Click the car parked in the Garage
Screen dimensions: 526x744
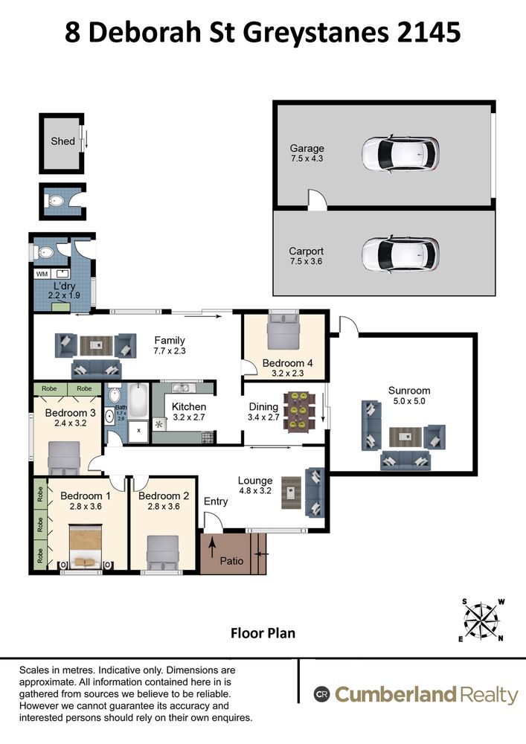coord(400,154)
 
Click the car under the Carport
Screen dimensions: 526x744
coord(400,254)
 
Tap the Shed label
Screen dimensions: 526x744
coord(62,141)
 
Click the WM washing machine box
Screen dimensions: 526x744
coord(42,274)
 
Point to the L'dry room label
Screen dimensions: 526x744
coord(64,286)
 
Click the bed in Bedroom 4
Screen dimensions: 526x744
coord(283,330)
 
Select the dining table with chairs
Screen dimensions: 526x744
coord(299,411)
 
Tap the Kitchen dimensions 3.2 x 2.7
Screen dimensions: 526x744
coord(189,417)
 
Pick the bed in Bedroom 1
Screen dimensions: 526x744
coord(86,546)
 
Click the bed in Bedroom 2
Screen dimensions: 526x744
coord(163,553)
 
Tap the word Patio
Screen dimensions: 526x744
coord(231,561)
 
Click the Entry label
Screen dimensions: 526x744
coord(216,501)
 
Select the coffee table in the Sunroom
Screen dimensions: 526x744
coord(405,437)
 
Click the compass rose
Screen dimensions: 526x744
coord(481,620)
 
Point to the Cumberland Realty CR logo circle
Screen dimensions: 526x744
coord(321,695)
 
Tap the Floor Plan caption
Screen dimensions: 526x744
coord(263,633)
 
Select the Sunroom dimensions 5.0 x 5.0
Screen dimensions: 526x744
coord(409,401)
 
